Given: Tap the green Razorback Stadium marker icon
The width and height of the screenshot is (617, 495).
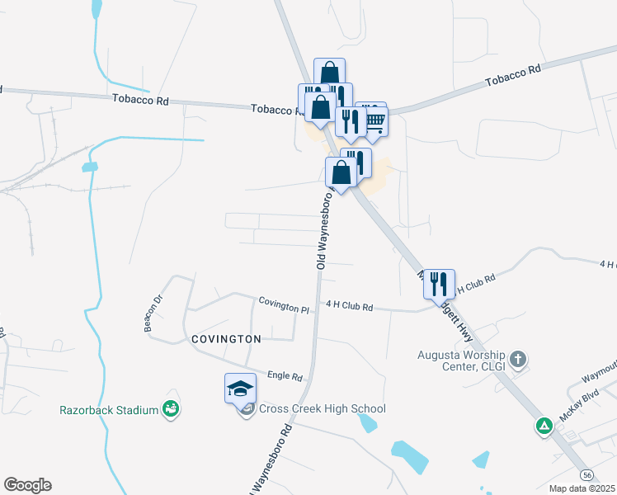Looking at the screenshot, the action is point(172,408).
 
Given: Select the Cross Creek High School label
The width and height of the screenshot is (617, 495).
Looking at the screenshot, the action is point(322,409).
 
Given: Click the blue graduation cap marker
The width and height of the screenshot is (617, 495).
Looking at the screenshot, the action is point(240,388).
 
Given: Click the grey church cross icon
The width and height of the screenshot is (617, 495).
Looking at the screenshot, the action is point(518,360).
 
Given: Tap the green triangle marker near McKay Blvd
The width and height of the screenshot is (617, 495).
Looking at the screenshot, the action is point(544,427).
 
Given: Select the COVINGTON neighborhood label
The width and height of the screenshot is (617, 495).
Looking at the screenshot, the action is point(226,339).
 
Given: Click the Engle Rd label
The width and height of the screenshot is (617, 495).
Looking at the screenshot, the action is point(285,376).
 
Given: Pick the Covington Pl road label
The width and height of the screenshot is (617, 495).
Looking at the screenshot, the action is point(283,305).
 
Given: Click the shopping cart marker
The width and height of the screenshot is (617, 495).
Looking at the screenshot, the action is point(374,120).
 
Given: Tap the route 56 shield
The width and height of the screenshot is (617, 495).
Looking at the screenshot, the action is point(586,475).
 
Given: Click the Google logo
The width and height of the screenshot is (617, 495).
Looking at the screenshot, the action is point(27,485).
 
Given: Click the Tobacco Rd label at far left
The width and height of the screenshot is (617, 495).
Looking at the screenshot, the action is point(140,101).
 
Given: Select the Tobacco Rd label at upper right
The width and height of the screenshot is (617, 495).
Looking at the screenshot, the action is point(513,76).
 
